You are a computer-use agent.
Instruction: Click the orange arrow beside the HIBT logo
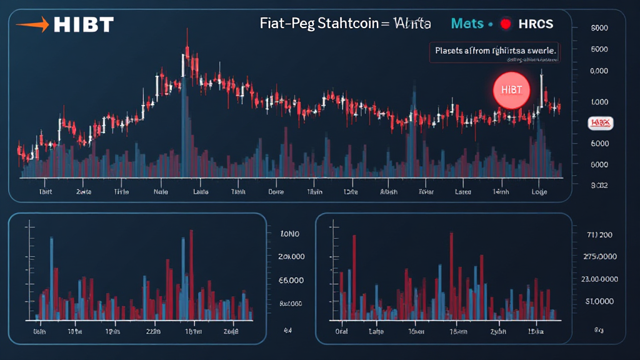pyautogui.click(x=32, y=25)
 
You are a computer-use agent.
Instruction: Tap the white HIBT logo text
pyautogui.click(x=84, y=25)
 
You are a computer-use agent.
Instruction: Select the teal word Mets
pyautogui.click(x=467, y=24)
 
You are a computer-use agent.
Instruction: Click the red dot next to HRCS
pyautogui.click(x=506, y=24)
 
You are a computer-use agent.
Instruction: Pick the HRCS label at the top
pyautogui.click(x=536, y=24)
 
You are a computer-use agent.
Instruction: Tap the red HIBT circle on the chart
pyautogui.click(x=511, y=91)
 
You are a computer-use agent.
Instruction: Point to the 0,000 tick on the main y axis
pyautogui.click(x=599, y=71)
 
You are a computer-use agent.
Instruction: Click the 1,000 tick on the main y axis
pyautogui.click(x=599, y=102)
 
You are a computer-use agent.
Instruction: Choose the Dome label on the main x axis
pyautogui.click(x=276, y=192)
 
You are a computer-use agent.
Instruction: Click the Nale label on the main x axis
pyautogui.click(x=161, y=192)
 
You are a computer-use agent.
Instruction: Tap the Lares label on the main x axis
pyautogui.click(x=463, y=192)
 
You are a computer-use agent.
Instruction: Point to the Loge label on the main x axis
pyautogui.click(x=539, y=192)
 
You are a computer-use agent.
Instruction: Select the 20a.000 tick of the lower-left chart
pyautogui.click(x=291, y=257)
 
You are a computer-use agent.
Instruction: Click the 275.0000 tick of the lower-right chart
pyautogui.click(x=598, y=257)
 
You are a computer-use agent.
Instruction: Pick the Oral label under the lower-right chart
pyautogui.click(x=342, y=332)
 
